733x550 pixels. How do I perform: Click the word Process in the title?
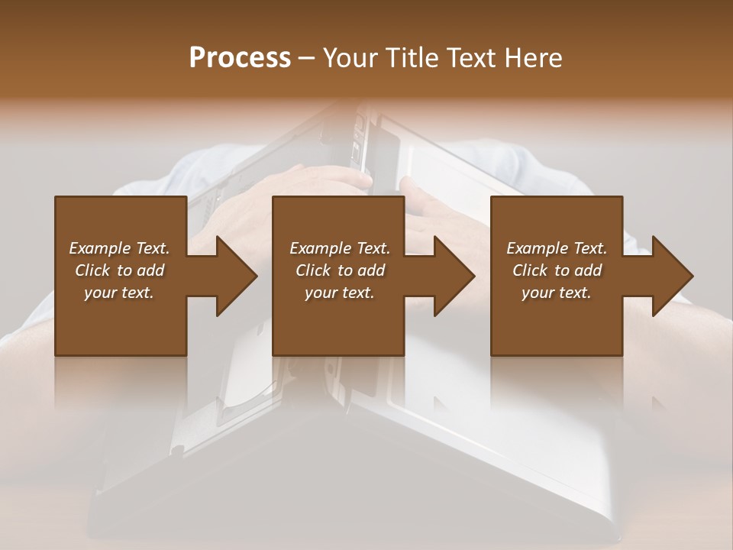pos(240,58)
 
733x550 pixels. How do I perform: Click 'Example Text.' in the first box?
pos(119,248)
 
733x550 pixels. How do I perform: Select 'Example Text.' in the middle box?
pos(340,248)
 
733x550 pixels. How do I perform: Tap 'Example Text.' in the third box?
pos(557,248)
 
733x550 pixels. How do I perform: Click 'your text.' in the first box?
pos(119,293)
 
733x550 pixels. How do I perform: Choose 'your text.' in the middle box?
pos(340,293)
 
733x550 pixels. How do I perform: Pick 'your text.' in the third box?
pos(557,293)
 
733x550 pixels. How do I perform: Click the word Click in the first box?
pos(92,270)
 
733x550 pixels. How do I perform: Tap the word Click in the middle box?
pos(313,270)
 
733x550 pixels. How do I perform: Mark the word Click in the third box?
pos(530,270)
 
